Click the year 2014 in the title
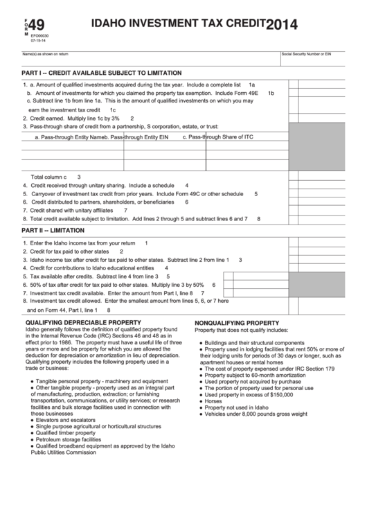284,26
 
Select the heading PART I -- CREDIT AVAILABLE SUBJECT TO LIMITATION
102,72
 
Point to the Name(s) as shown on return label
45,53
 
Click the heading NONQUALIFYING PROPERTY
237,323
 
